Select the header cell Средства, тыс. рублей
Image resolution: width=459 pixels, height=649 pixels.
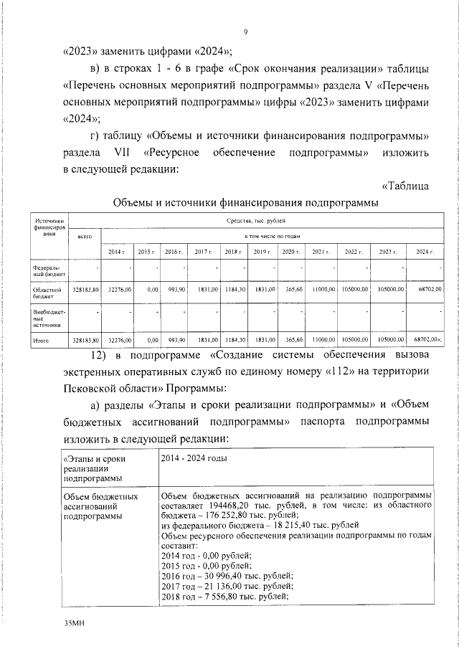tap(256, 223)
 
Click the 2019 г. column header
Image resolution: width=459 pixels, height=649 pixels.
tap(260, 252)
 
